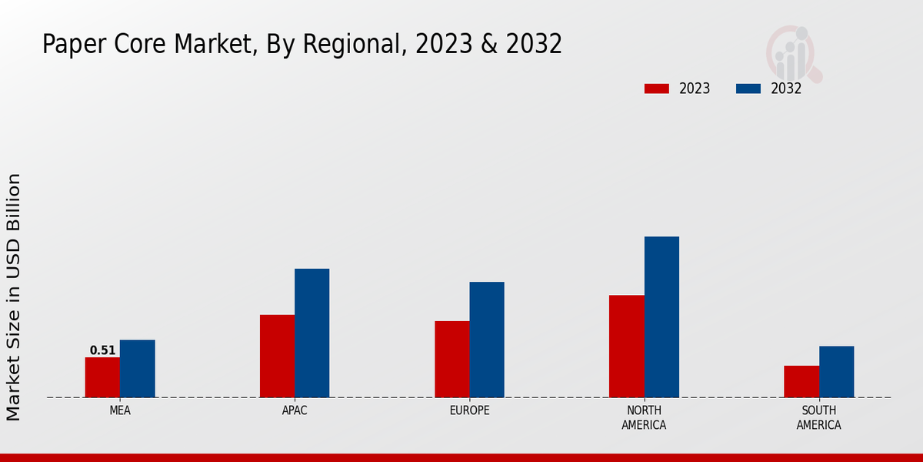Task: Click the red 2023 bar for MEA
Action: (x=102, y=377)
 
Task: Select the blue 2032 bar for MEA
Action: (x=138, y=369)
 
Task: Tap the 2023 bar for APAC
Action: (x=277, y=356)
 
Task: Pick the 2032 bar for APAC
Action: (x=312, y=333)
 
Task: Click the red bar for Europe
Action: (x=452, y=359)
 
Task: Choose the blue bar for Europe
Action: (x=487, y=340)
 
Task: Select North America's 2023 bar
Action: (x=627, y=346)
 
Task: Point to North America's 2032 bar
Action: (x=661, y=316)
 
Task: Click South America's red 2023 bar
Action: (x=801, y=381)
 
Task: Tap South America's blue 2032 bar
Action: (x=836, y=372)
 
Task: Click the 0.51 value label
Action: (x=102, y=350)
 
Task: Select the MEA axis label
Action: (x=120, y=410)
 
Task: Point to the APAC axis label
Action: (x=295, y=410)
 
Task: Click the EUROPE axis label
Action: (x=469, y=410)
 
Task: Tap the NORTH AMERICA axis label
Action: (x=644, y=417)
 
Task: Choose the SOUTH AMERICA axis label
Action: (x=818, y=417)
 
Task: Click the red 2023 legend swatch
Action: (x=656, y=89)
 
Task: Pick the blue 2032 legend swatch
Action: (x=748, y=89)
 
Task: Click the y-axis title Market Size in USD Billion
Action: (x=14, y=296)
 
